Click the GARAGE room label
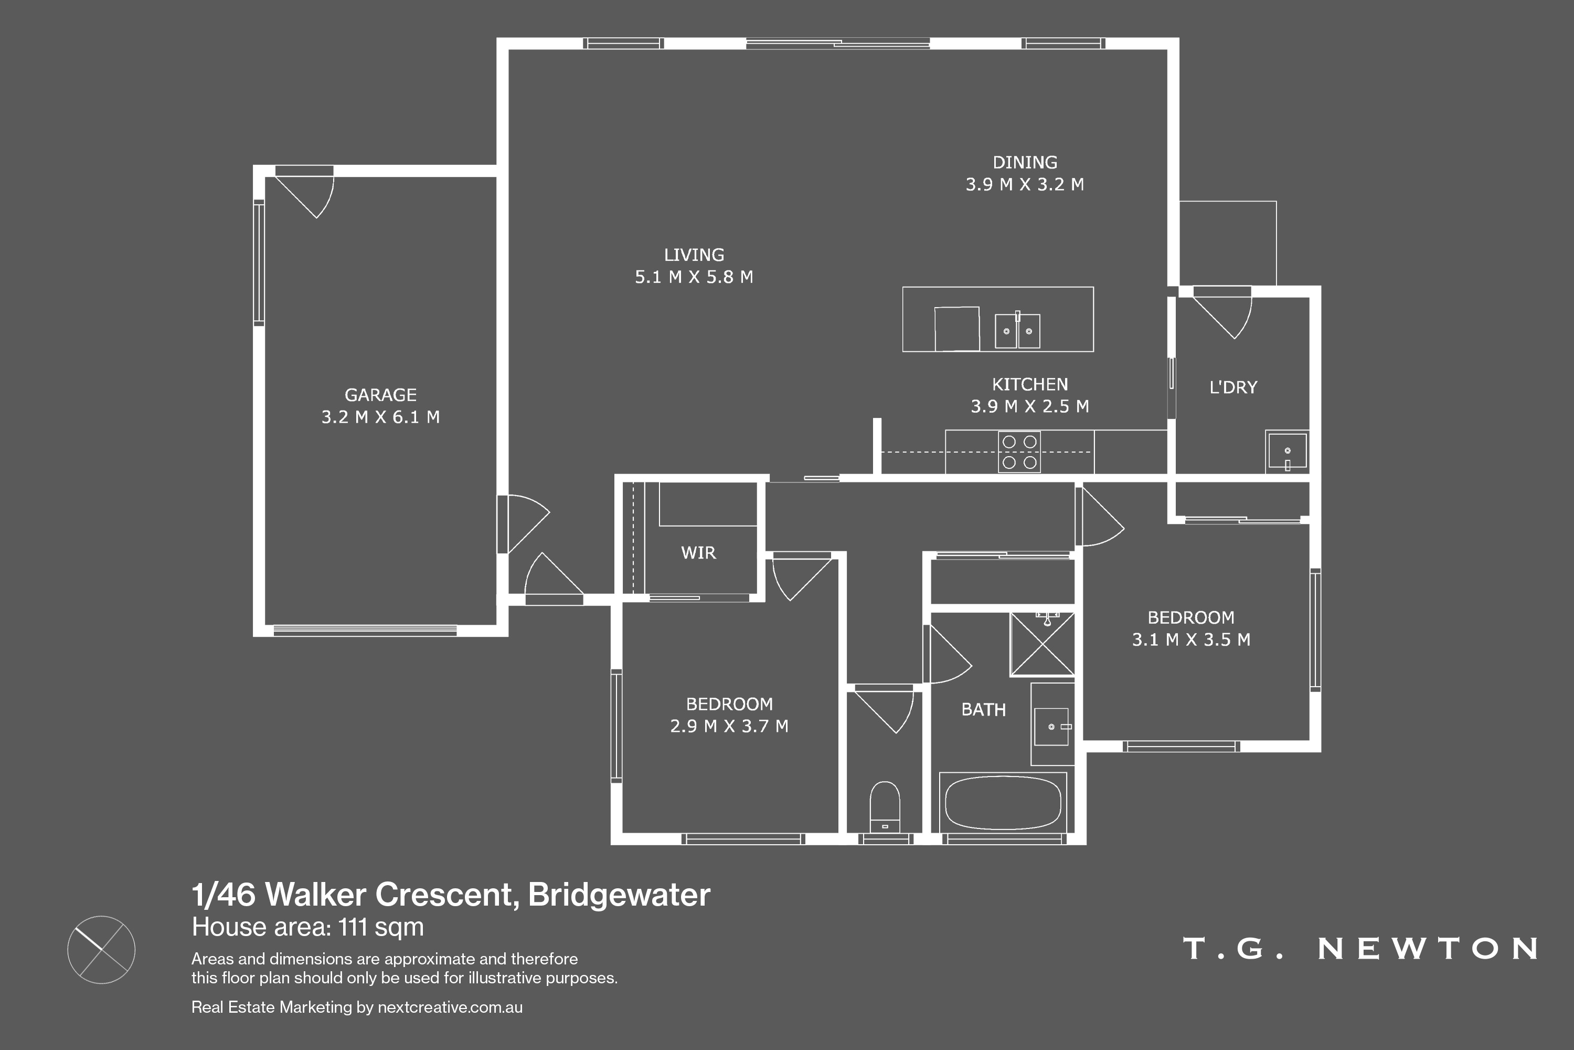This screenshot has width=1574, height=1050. (380, 395)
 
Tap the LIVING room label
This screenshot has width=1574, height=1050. (694, 255)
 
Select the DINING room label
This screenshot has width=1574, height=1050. (1025, 163)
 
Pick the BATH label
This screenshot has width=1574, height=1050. (983, 710)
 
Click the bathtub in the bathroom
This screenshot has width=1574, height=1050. (1003, 802)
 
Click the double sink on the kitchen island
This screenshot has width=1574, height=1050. (1017, 330)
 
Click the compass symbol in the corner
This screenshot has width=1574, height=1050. (101, 950)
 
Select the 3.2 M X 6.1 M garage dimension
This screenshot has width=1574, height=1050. (380, 417)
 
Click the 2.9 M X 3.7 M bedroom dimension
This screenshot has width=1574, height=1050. (729, 727)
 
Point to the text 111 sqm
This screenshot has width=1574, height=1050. (381, 928)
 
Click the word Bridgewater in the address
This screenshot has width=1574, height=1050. (619, 895)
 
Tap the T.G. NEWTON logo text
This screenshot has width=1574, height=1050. (1360, 948)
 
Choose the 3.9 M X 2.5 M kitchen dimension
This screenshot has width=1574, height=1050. (1029, 406)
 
